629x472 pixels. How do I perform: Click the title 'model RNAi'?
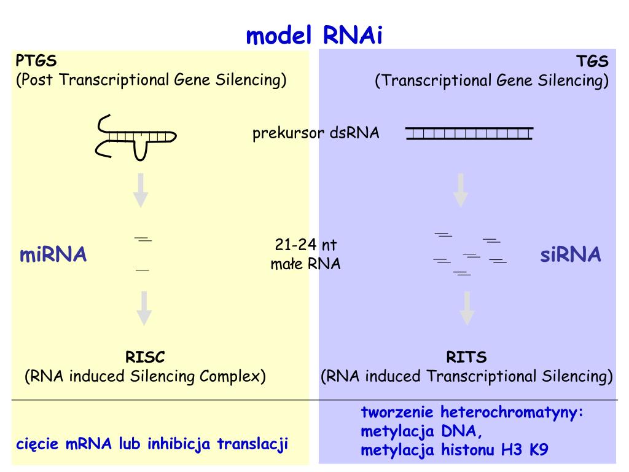tap(314, 36)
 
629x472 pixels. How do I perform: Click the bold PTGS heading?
tap(36, 61)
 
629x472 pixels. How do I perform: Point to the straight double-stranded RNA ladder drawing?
tap(469, 133)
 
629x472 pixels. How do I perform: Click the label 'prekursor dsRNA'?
tap(316, 133)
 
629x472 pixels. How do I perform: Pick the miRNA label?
tap(53, 254)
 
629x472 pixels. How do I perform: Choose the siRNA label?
tap(570, 255)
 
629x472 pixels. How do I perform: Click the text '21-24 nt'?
tap(306, 245)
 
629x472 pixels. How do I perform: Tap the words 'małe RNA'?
tap(305, 264)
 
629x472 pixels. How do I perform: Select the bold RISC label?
tap(145, 357)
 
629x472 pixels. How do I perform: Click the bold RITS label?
tap(466, 357)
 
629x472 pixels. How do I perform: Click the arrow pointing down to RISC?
tap(144, 308)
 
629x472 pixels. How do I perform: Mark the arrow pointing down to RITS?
tap(467, 308)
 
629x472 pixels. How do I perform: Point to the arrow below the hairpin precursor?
tap(141, 190)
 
